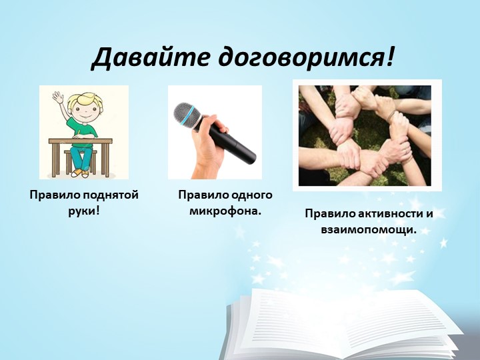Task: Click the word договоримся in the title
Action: coord(305,58)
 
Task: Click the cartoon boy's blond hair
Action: coord(85,101)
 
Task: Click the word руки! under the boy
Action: coord(83,211)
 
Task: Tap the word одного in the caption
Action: coord(252,195)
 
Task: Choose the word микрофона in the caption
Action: coord(225,211)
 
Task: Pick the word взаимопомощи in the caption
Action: coord(369,229)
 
